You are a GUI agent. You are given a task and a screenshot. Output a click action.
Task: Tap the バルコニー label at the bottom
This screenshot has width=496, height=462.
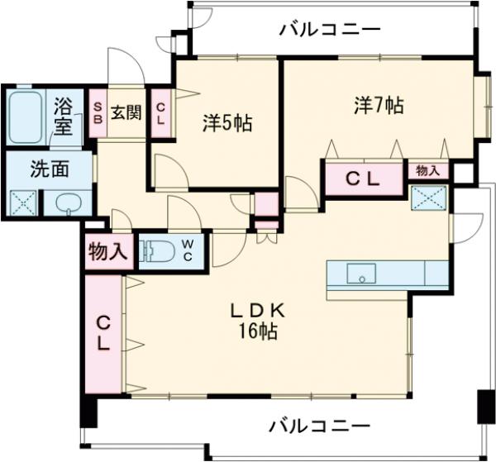click(318, 426)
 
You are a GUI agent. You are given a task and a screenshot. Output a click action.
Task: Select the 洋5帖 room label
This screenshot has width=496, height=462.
click(227, 123)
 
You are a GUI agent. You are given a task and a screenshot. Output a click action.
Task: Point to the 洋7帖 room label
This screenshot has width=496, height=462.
click(379, 105)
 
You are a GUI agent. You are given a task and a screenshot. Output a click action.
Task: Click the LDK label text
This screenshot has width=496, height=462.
click(258, 311)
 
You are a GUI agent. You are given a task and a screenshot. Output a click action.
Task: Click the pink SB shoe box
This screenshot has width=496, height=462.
click(98, 112)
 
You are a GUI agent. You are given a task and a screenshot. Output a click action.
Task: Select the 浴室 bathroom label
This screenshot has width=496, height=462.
click(64, 116)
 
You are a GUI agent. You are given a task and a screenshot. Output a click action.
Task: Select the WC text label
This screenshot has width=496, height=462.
click(188, 250)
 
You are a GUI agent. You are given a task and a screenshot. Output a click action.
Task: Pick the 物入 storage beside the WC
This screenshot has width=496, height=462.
click(107, 251)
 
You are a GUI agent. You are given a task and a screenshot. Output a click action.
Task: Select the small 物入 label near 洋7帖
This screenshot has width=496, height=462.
click(427, 170)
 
